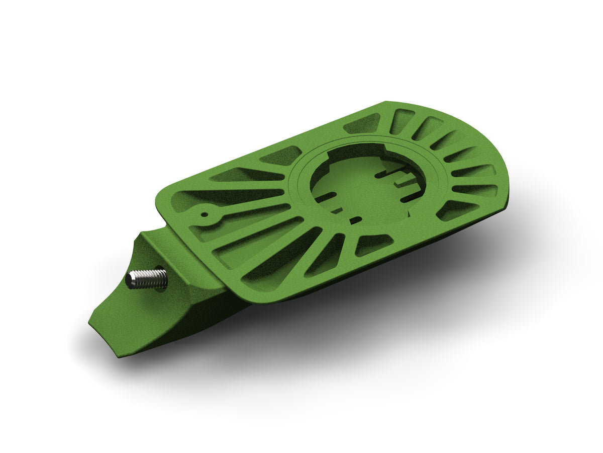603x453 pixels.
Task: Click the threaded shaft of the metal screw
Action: [148, 278]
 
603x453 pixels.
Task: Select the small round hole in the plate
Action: [205, 213]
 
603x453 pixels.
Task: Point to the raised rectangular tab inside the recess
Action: [405, 179]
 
